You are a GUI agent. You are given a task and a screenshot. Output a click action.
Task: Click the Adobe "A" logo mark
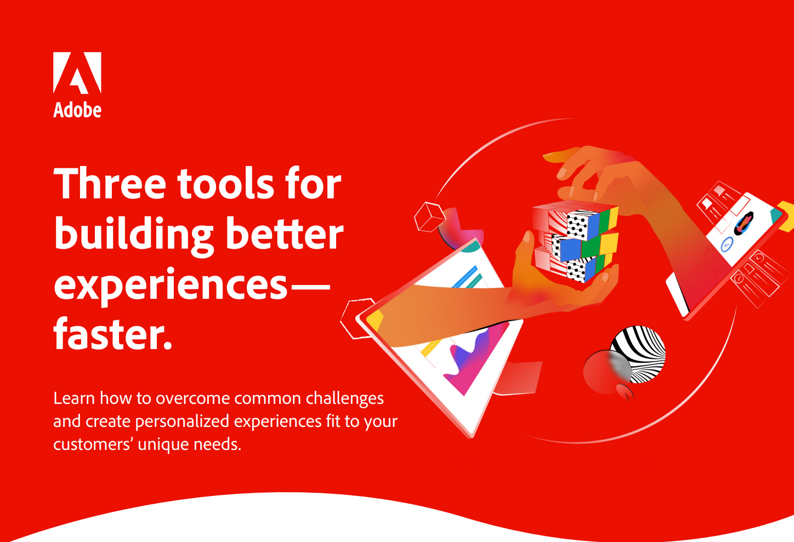tap(77, 73)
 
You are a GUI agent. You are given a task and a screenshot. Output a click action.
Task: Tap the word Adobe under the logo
tap(77, 110)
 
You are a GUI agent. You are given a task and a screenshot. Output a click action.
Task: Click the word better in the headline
tap(285, 234)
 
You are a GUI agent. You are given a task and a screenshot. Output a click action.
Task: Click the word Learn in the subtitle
tap(74, 398)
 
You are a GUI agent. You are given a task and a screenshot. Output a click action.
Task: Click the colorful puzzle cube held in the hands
tap(575, 242)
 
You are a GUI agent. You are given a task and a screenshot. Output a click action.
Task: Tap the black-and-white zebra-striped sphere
tap(638, 354)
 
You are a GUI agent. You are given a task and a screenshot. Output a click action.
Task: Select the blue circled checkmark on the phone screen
tap(727, 244)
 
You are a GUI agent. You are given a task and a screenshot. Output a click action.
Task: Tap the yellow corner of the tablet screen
tap(375, 320)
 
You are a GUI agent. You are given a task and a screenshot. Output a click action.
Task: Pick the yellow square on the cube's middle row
tap(609, 244)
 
